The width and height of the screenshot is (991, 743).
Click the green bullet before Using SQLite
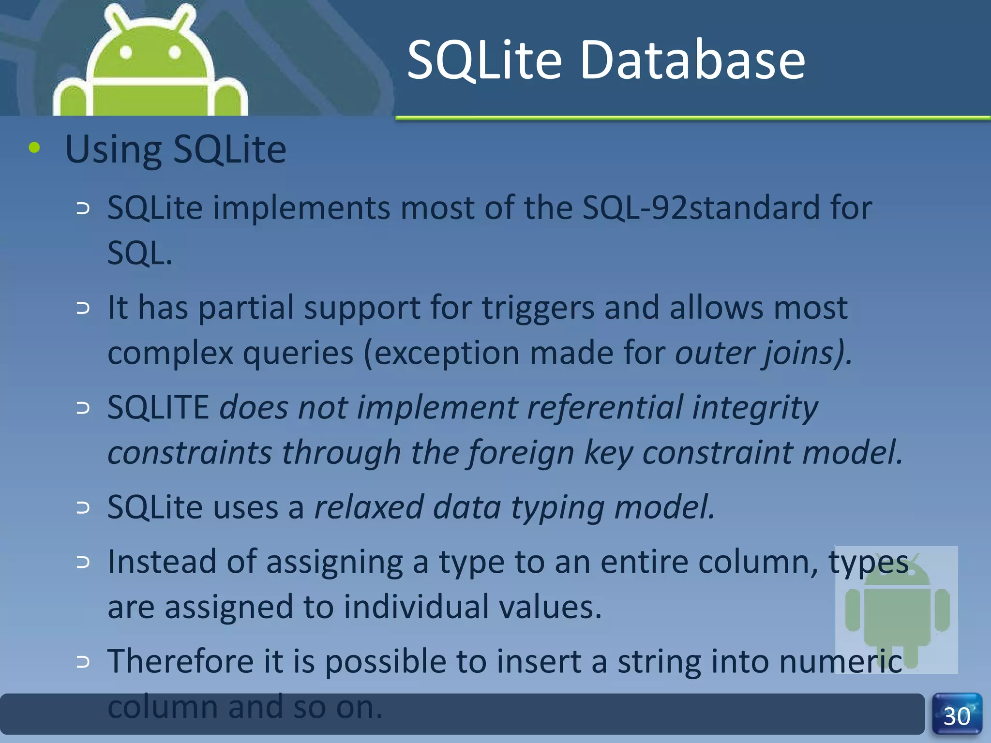click(34, 148)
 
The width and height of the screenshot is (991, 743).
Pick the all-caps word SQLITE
click(158, 407)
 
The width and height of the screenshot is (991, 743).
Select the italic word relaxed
click(369, 507)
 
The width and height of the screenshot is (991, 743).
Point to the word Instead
click(162, 562)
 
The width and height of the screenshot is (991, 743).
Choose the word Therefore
click(180, 661)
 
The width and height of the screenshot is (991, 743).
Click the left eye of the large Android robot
click(126, 52)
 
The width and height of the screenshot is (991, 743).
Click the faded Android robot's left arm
click(853, 609)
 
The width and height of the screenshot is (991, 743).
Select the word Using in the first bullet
click(113, 149)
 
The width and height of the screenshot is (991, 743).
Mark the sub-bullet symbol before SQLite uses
click(83, 507)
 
